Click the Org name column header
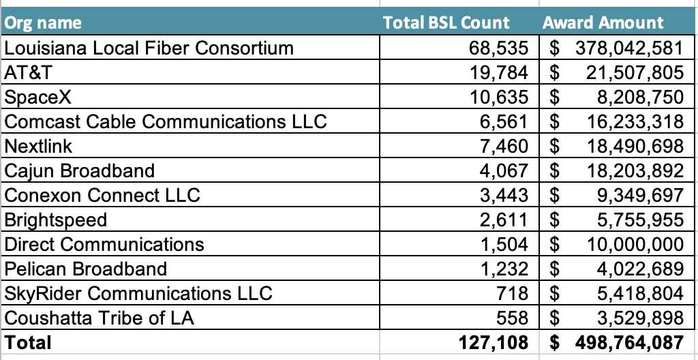pyautogui.click(x=43, y=22)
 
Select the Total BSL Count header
pyautogui.click(x=446, y=22)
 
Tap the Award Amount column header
pyautogui.click(x=603, y=22)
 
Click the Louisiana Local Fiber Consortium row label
pyautogui.click(x=149, y=48)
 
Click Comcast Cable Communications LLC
pyautogui.click(x=166, y=121)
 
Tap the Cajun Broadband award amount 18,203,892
pyautogui.click(x=635, y=170)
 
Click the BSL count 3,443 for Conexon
pyautogui.click(x=503, y=195)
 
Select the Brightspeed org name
pyautogui.click(x=56, y=220)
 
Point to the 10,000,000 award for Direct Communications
pyautogui.click(x=635, y=244)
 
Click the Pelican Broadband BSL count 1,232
pyautogui.click(x=503, y=269)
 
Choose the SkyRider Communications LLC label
pyautogui.click(x=138, y=293)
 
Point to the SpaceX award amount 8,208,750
pyautogui.click(x=639, y=97)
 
